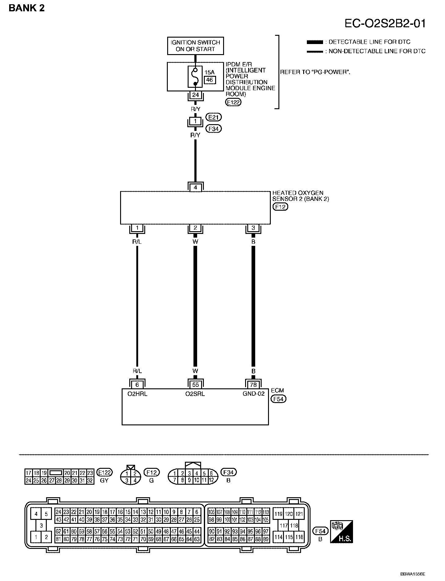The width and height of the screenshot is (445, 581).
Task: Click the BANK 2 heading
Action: pyautogui.click(x=27, y=8)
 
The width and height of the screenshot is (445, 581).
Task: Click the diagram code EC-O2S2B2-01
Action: pyautogui.click(x=385, y=24)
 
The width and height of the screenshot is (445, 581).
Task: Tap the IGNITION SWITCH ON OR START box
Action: pyautogui.click(x=195, y=46)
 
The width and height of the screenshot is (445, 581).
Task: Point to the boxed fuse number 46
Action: pyautogui.click(x=209, y=80)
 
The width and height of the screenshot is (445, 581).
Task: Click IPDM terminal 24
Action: pyautogui.click(x=195, y=95)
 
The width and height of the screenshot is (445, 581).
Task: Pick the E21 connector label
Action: pyautogui.click(x=214, y=117)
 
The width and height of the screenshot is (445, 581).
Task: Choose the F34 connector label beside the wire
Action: pyautogui.click(x=214, y=129)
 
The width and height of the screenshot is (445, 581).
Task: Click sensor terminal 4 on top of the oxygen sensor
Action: pyautogui.click(x=195, y=187)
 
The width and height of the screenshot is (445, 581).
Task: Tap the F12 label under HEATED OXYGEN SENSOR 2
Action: pyautogui.click(x=280, y=207)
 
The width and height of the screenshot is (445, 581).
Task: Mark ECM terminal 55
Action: pyautogui.click(x=195, y=385)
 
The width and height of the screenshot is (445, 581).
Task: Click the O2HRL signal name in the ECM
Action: pyautogui.click(x=137, y=394)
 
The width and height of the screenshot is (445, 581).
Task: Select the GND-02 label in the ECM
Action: pyautogui.click(x=253, y=394)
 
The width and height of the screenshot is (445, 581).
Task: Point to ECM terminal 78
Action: pyautogui.click(x=253, y=385)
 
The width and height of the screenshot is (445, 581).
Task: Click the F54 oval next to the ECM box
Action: pyautogui.click(x=278, y=399)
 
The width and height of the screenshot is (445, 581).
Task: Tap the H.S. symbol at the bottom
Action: pyautogui.click(x=341, y=532)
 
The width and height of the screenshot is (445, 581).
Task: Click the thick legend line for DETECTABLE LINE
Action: pyautogui.click(x=315, y=42)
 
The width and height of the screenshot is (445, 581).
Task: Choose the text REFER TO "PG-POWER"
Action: pyautogui.click(x=315, y=72)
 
